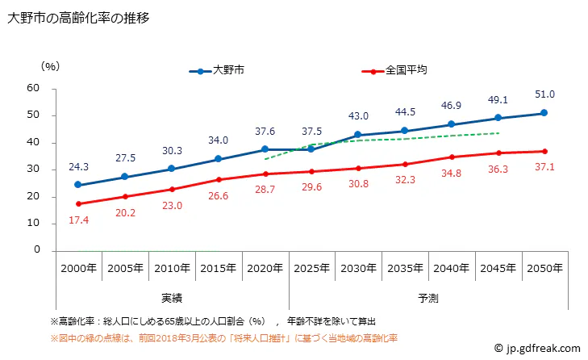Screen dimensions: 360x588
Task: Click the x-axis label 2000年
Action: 78,268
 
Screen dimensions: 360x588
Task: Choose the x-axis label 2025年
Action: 311,268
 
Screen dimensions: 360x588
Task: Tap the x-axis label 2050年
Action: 544,268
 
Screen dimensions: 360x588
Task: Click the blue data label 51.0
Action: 544,95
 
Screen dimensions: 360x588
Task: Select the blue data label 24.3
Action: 78,167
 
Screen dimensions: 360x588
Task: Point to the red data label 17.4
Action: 78,220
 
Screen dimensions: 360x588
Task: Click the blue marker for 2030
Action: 358,135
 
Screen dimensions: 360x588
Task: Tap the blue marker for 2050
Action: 544,113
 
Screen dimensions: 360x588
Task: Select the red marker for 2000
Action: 78,203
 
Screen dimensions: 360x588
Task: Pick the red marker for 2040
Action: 451,157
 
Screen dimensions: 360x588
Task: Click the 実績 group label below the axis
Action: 171,298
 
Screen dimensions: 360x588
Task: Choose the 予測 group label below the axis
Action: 427,298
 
